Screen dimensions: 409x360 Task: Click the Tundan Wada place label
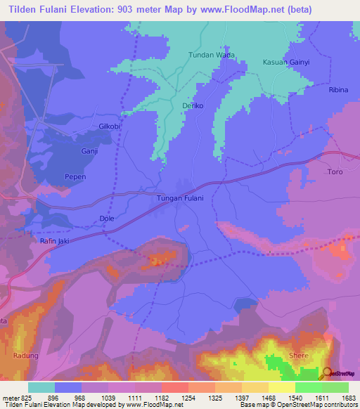[x=211, y=55]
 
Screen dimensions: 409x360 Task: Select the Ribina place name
[x=338, y=91]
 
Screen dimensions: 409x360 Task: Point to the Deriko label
[x=193, y=105]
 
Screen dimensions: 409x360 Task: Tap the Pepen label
[x=75, y=176]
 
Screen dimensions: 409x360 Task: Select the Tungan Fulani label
[x=179, y=198]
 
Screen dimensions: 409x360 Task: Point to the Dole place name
[x=107, y=219]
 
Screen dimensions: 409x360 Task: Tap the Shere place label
[x=298, y=356]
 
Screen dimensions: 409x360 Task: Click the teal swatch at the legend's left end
[x=41, y=387]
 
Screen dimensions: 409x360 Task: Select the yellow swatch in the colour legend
[x=281, y=387]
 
